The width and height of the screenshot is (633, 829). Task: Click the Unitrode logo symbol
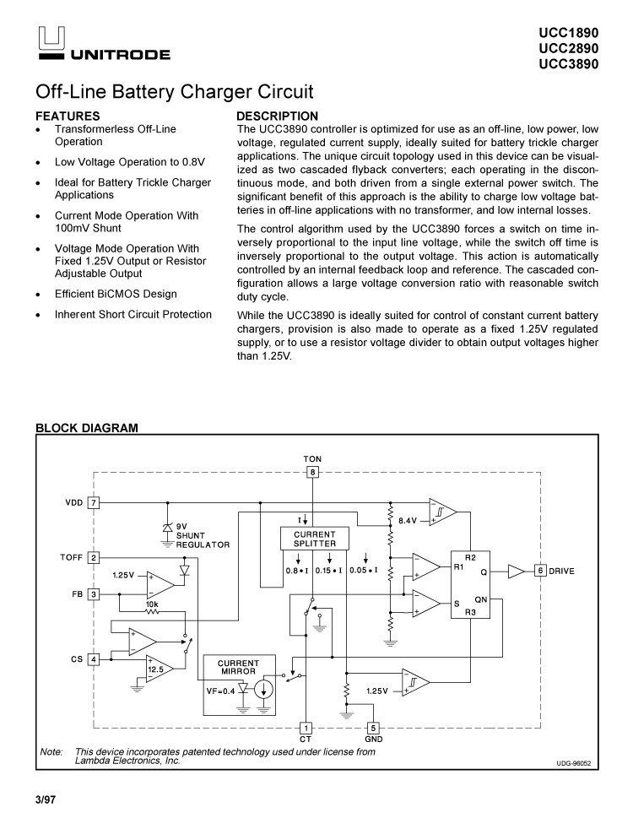pos(48,40)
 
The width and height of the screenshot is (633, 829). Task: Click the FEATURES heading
pos(68,116)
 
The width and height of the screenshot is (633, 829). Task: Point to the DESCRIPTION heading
pos(277,116)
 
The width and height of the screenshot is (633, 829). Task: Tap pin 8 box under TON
pos(313,472)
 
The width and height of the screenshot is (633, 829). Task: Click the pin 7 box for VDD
pos(95,502)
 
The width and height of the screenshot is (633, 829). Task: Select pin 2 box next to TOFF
pos(95,557)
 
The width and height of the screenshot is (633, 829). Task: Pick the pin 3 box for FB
pos(95,594)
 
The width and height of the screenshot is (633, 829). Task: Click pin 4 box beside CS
pos(95,659)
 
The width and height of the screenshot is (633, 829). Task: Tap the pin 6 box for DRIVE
pos(539,572)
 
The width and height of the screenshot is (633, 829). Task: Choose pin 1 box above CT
pos(306,728)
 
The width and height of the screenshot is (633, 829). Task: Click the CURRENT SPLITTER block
pos(314,539)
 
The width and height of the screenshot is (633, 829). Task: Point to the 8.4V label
pos(407,521)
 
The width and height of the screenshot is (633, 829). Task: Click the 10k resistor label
pos(152,604)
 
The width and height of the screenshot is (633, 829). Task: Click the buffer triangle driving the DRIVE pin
pos(515,572)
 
